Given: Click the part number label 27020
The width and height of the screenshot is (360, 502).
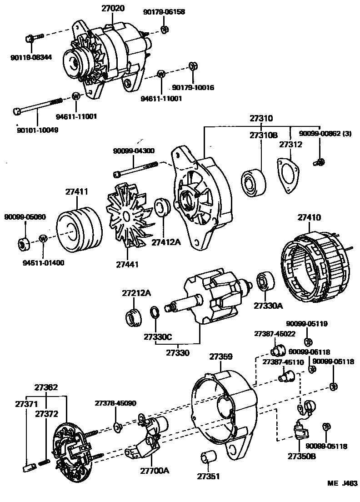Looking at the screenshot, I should click(x=111, y=8).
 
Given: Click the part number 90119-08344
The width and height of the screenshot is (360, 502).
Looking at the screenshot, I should click(x=31, y=57).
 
